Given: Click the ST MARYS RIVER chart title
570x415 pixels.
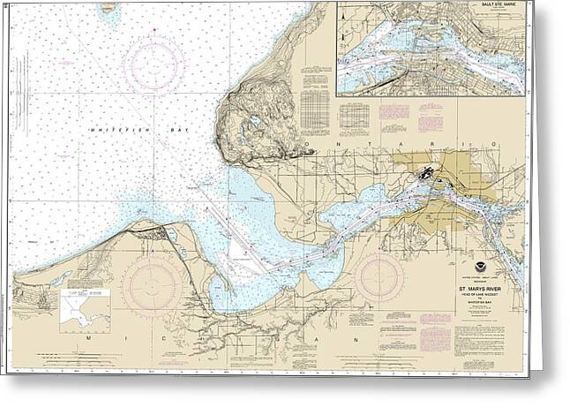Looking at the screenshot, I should pos(483,287).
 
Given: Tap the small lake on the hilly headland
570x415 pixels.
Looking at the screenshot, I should pos(254,123).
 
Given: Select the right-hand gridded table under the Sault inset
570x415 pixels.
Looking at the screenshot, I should pos(354,116).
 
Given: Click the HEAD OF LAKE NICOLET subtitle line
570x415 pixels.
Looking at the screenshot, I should pos(483,294).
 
